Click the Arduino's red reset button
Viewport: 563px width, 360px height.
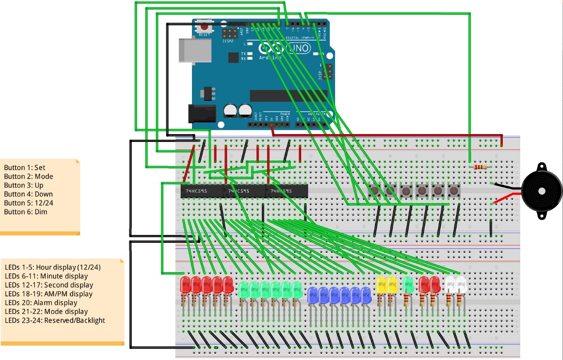(204, 26)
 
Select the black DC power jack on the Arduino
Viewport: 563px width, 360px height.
(201, 114)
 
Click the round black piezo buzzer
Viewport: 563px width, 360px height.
(541, 192)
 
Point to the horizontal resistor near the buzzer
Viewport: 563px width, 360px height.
(480, 167)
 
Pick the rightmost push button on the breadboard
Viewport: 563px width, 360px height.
(454, 192)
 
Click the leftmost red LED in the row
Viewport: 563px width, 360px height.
(185, 285)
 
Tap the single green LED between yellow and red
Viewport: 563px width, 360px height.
(408, 285)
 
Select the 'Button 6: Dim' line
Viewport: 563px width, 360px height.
(25, 212)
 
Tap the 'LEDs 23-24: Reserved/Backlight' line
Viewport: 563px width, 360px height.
(55, 321)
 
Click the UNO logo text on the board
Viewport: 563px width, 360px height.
(298, 49)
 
